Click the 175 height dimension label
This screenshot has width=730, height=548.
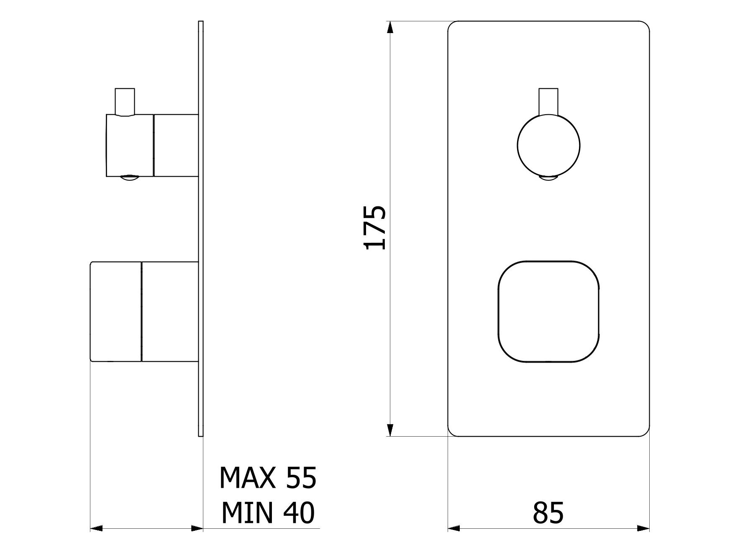point(375,228)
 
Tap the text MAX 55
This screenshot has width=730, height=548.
point(268,478)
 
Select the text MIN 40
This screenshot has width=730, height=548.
point(268,512)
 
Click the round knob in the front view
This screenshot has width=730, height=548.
point(548,145)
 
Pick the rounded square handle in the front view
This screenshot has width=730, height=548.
point(548,311)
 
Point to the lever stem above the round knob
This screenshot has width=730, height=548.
point(548,101)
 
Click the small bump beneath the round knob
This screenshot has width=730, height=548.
point(548,179)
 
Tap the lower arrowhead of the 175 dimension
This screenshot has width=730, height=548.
point(390,430)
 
